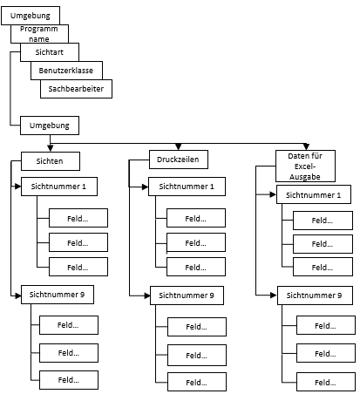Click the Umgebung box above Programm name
31,16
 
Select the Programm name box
39,34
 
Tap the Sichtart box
50,52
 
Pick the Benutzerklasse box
66,71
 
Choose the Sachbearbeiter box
76,89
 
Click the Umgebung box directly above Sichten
50,126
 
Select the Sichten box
51,161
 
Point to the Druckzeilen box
179,160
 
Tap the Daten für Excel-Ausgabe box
305,166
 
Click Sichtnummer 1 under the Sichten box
59,187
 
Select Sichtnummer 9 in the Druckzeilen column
187,295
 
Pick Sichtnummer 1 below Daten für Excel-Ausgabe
314,194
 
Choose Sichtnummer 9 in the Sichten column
58,295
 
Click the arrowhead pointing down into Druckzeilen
179,146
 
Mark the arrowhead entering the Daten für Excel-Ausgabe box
306,146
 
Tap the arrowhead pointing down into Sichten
51,148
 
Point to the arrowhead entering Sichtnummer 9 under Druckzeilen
146,295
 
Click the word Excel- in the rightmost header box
305,166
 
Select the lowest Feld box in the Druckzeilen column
197,382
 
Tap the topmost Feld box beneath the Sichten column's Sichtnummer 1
78,218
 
